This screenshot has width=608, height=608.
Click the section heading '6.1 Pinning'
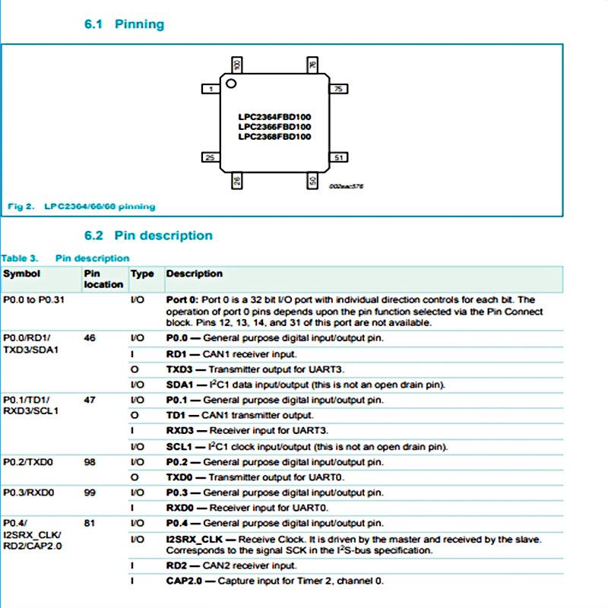click(124, 24)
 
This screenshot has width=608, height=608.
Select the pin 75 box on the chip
click(339, 89)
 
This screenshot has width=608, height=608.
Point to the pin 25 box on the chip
click(210, 157)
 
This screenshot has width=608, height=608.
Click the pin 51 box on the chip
click(339, 157)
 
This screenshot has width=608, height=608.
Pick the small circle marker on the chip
click(232, 82)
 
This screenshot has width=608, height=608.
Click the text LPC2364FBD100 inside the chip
click(274, 116)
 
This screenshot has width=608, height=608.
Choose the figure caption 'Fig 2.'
click(19, 206)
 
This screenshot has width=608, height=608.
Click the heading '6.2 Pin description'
click(148, 236)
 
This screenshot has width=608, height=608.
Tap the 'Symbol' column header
click(22, 274)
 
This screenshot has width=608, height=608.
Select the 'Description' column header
click(195, 274)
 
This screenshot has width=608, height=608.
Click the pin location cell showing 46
click(90, 337)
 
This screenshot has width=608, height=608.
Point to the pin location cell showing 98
click(90, 462)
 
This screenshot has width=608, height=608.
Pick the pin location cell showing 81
click(90, 524)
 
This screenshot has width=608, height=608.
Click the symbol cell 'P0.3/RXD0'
click(28, 493)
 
